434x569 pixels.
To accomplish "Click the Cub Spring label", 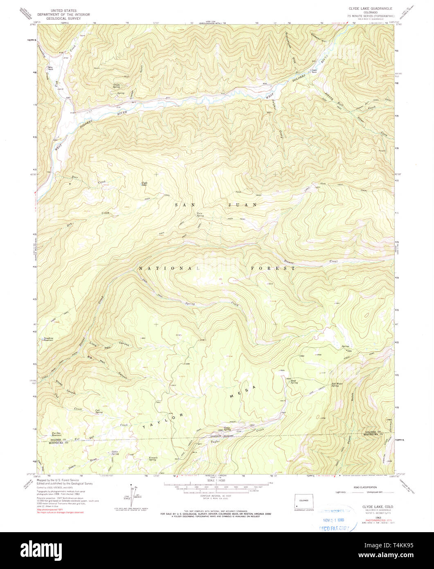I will coord(99,411).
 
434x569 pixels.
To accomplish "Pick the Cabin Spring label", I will coord(115,453).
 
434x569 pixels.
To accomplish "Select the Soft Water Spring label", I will coord(336,384).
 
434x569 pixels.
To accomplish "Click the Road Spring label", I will coord(294,382).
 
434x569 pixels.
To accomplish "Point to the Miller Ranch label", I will coord(51,68).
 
